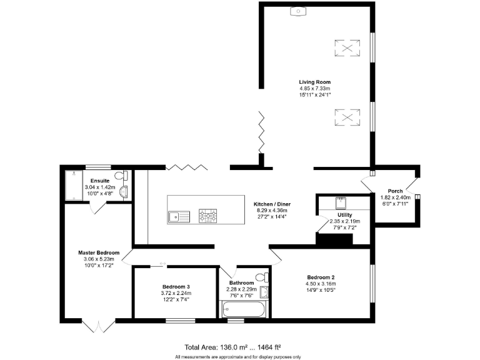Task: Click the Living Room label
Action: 314,82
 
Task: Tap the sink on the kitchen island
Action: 179,216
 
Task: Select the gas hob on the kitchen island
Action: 208,216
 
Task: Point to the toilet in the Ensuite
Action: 126,176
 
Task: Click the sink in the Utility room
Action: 341,202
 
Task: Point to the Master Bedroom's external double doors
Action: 98,326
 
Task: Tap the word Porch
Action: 395,191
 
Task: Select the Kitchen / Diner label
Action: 271,204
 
